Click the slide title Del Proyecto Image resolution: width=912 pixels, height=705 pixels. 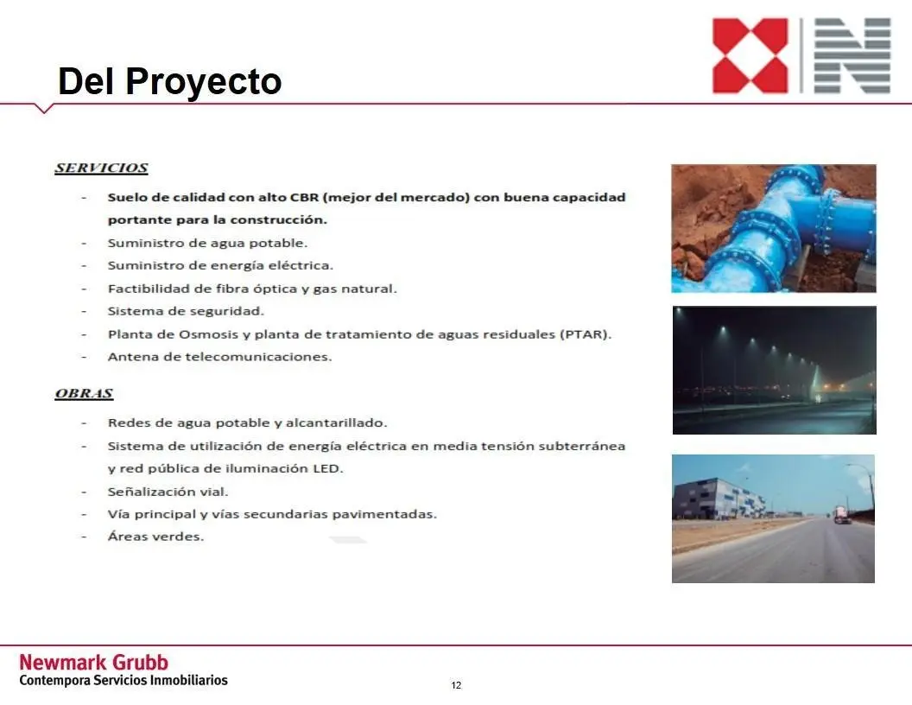coord(170,81)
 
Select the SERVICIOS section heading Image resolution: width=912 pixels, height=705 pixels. coord(101,168)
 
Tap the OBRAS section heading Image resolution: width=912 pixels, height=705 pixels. coord(84,394)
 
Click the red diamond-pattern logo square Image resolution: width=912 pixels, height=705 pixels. coord(750,56)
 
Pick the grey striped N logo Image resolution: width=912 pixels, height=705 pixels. coord(852,56)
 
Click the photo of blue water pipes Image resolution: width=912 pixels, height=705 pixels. coord(774,228)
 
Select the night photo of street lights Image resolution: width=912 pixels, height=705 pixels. coord(774,370)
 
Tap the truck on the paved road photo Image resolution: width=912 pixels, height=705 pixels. coord(842,515)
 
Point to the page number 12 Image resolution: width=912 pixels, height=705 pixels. coord(456,685)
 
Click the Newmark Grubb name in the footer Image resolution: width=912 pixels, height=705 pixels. coord(93,663)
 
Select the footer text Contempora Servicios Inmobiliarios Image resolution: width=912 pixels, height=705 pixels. coord(123,680)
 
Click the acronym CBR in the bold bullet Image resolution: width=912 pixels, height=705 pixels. coord(304,197)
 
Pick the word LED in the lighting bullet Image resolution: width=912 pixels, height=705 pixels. coord(327,468)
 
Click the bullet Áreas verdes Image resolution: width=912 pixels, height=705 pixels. coord(155,537)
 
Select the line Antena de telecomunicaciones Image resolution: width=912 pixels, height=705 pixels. coord(220,357)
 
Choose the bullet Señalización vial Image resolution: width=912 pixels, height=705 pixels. coord(168,492)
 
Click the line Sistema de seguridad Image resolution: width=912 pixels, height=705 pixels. coord(187,311)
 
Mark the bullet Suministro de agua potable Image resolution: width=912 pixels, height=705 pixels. coord(207,243)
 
